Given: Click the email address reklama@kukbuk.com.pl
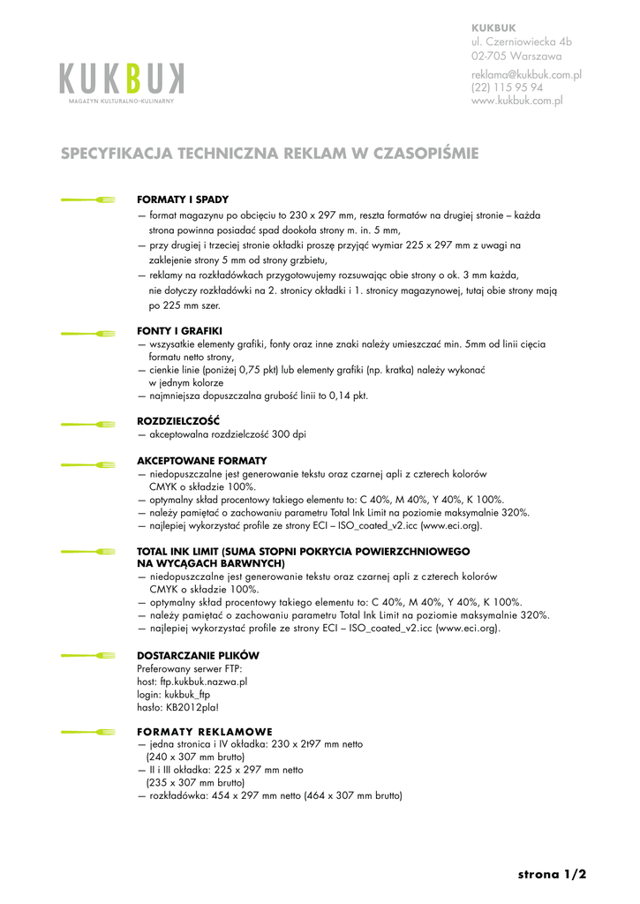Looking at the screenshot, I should (x=526, y=75).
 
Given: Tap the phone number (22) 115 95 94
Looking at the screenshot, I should (x=507, y=88).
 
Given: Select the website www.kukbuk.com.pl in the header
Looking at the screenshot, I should (x=516, y=102).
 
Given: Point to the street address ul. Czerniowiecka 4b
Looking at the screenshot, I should (x=521, y=41).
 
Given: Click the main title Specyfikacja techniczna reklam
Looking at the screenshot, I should (x=269, y=154).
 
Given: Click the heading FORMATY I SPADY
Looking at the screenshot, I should (x=183, y=200).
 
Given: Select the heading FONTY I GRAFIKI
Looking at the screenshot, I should (x=180, y=331).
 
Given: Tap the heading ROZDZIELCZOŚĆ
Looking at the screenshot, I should (x=178, y=420).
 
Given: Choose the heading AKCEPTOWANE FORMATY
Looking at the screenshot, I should (x=202, y=461).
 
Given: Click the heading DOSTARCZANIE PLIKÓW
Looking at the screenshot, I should (x=198, y=655).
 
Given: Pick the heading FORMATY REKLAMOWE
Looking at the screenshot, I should (x=205, y=731).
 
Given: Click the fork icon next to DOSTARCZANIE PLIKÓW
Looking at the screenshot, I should (x=88, y=656).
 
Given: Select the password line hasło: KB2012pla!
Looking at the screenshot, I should (x=178, y=707).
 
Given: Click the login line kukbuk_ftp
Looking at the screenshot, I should (x=175, y=694).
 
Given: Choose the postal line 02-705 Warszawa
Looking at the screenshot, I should (x=516, y=56).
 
